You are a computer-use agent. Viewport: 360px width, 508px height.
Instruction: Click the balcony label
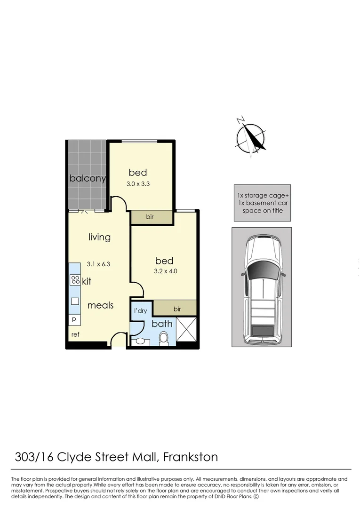point(88,178)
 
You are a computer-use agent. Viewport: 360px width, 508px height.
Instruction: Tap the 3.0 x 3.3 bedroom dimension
point(138,184)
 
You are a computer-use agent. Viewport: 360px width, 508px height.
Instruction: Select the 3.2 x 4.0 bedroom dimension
point(166,271)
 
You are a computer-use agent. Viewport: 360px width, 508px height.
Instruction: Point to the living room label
point(99,237)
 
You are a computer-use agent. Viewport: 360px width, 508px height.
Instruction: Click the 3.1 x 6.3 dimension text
point(98,264)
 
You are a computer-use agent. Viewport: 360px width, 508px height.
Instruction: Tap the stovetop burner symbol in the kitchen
point(75,280)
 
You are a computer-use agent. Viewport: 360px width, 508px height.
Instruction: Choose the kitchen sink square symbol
point(75,302)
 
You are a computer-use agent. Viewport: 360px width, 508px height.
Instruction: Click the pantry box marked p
point(74,320)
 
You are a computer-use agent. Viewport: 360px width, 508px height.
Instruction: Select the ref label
point(75,334)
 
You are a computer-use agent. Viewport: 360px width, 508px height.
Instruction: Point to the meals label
point(100,305)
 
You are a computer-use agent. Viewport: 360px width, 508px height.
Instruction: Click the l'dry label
point(140,311)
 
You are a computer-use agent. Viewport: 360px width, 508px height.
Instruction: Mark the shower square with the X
point(186,329)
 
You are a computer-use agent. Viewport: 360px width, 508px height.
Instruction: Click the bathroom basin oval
point(141,341)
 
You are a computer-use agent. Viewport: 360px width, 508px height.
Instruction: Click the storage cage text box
point(263,203)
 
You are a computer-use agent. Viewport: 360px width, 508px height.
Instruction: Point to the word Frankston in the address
point(191,457)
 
